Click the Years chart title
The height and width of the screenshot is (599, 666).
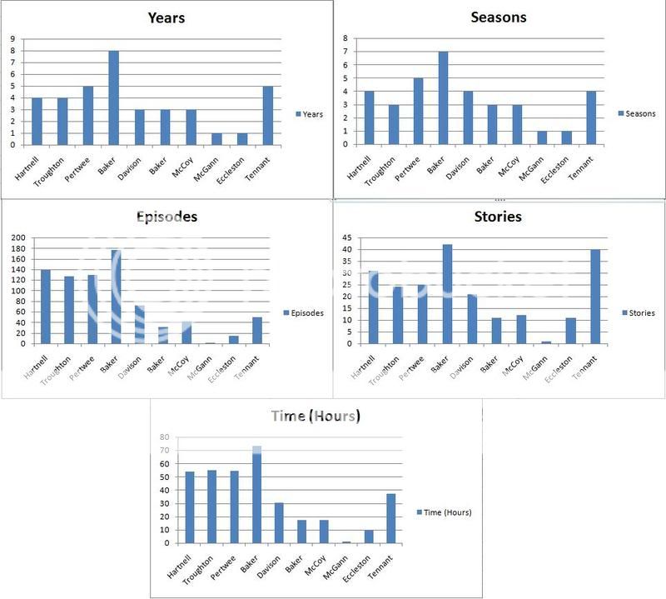(x=166, y=17)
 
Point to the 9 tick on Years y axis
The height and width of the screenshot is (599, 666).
(x=12, y=38)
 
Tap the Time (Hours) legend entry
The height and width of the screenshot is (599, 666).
(x=446, y=512)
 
